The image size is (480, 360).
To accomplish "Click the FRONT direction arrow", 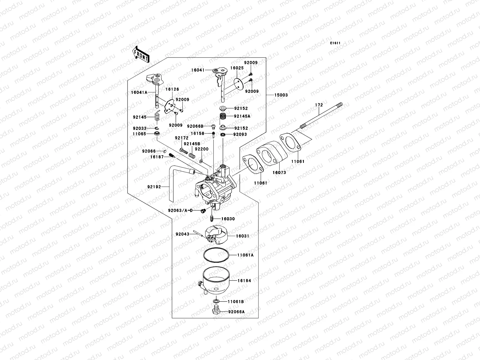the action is coord(141,54).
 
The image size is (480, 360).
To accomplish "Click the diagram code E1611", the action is coord(335,43).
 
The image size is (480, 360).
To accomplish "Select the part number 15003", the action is coord(281,95).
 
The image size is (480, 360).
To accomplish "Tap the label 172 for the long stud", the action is coord(319,105).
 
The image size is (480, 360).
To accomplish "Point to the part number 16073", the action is coord(279,172).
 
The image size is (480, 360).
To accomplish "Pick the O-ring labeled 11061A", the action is coord(216,255).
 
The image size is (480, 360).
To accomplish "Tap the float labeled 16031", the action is coord(216,235).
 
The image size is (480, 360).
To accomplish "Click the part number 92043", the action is coord(182,234).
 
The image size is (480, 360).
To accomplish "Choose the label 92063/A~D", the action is coord(180,211).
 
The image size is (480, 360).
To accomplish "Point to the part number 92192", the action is coord(154,187).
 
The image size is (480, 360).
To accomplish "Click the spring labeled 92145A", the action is coord(223,116).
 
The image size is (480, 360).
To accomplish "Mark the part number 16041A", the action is coord(139,92).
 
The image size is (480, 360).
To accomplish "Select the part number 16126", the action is coord(172,89).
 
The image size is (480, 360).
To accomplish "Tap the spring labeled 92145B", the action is coord(192,156).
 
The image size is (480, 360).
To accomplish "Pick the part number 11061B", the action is coord(236,301).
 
